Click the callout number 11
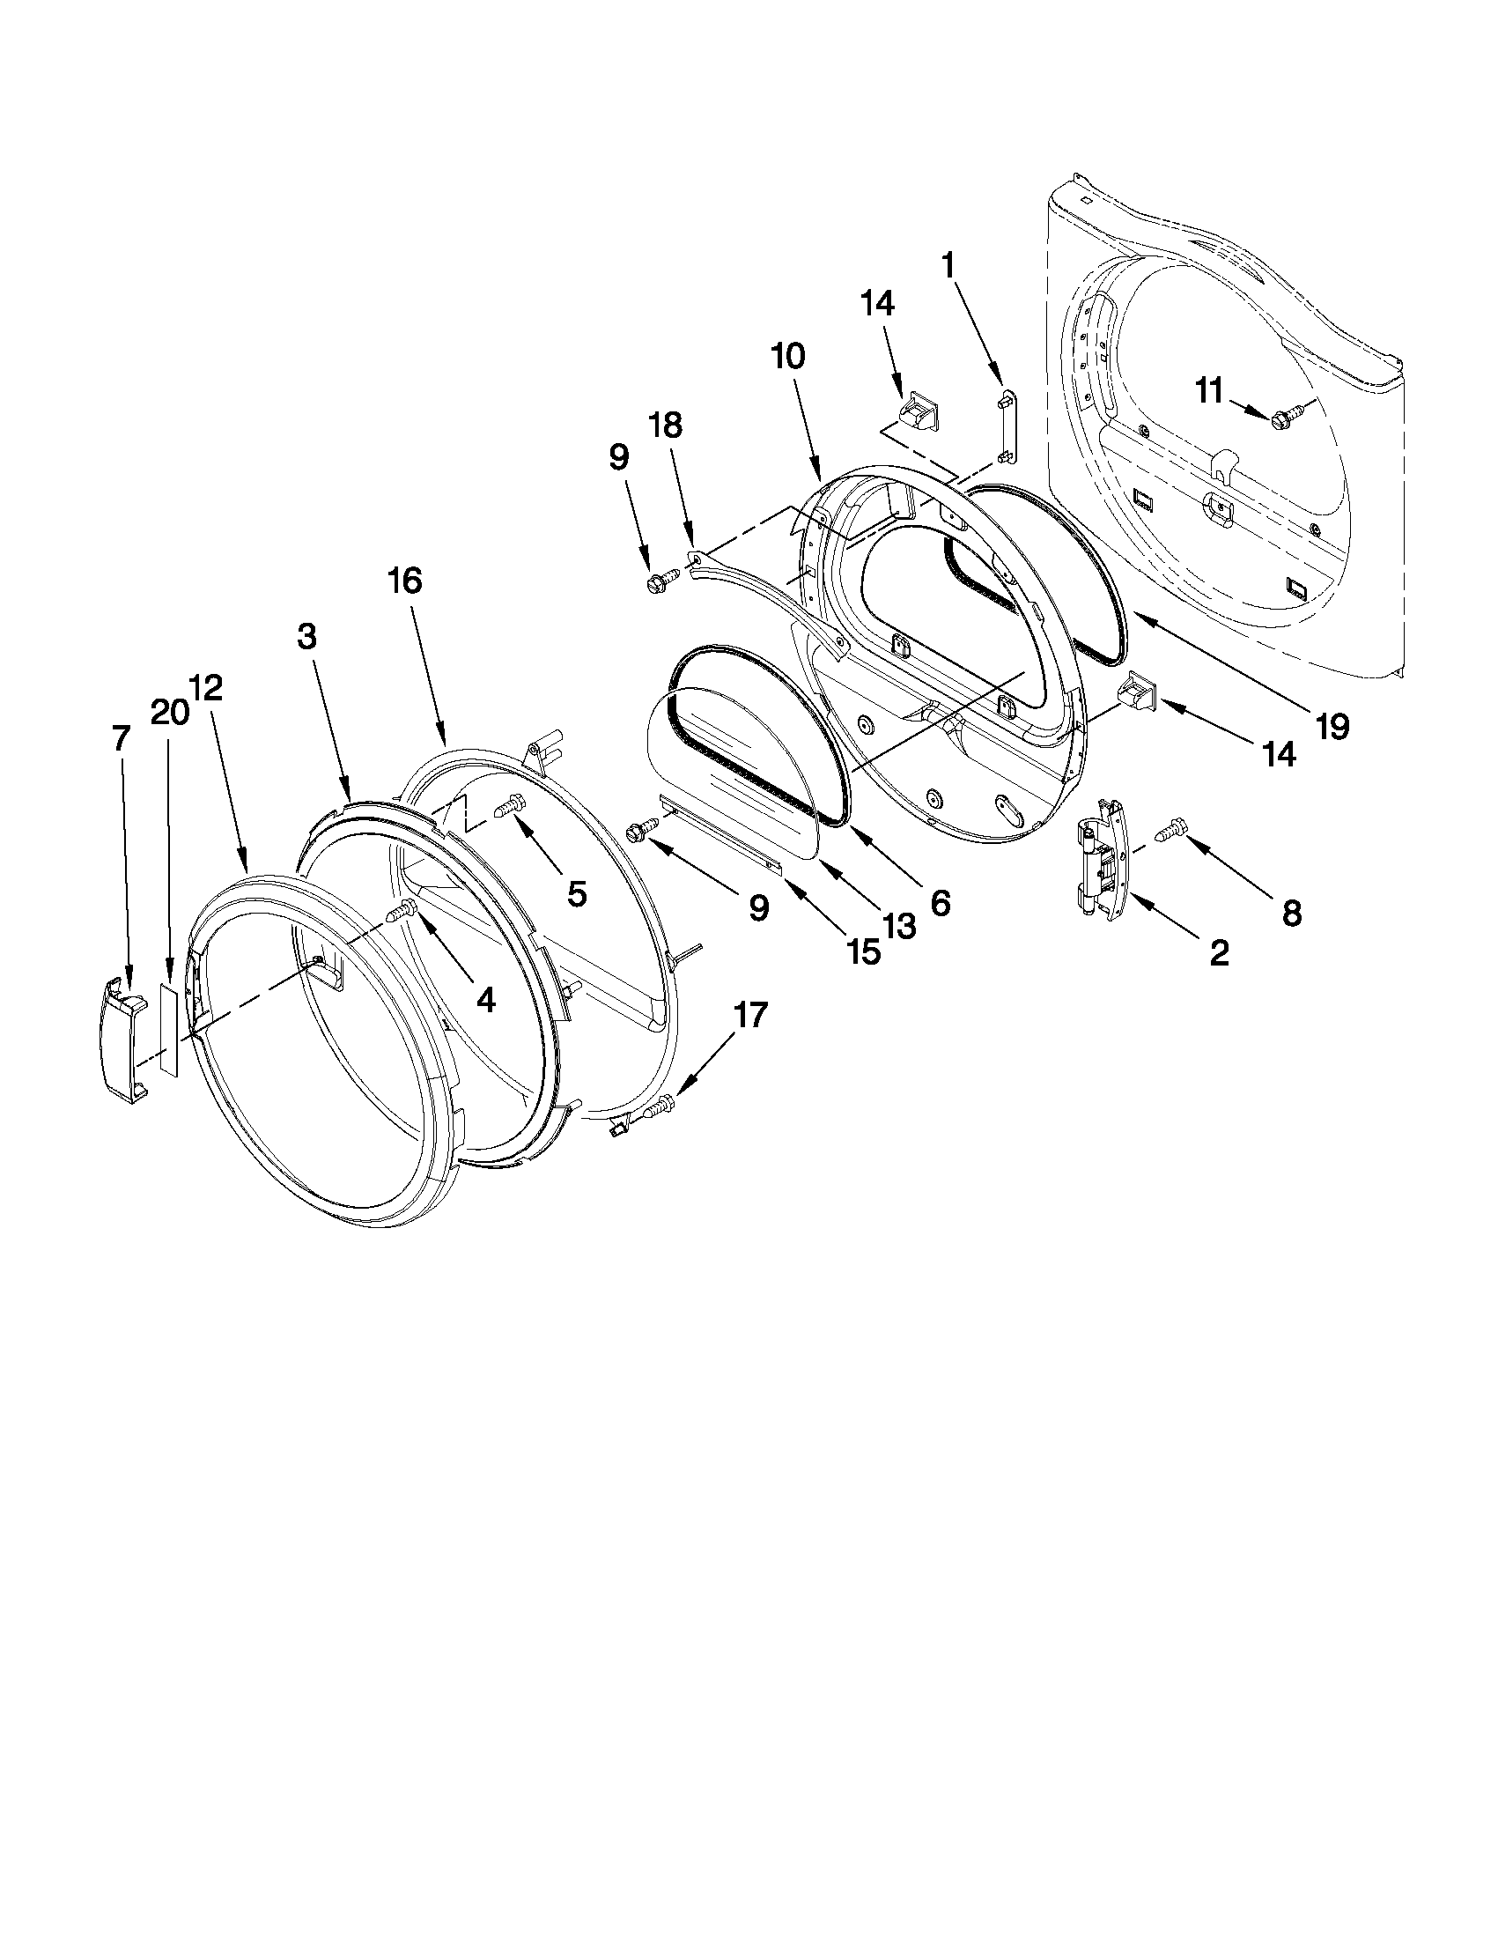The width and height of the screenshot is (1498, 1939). (x=1209, y=390)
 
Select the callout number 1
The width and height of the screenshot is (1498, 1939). (x=948, y=264)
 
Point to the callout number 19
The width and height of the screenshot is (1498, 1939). (x=1332, y=726)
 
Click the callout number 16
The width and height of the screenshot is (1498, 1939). (x=405, y=581)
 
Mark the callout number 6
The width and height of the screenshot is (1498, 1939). (x=940, y=903)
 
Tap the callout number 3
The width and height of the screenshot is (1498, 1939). (x=306, y=637)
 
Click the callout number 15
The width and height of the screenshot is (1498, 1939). (x=862, y=951)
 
